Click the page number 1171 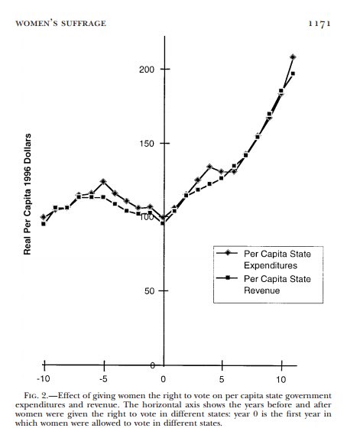319,24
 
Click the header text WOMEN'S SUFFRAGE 60,24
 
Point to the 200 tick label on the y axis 147,70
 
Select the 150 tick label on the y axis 147,144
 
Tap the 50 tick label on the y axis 150,290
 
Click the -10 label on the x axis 44,379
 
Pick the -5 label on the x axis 103,379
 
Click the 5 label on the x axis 222,379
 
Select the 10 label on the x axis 281,379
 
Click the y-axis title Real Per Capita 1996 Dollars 28,194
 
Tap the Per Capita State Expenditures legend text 277,260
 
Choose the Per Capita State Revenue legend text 277,284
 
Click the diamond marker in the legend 227,253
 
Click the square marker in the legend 227,278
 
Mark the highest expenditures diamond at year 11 293,57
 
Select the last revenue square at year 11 293,73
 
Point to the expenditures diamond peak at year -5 103,181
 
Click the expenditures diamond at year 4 209,167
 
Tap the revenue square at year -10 44,224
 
